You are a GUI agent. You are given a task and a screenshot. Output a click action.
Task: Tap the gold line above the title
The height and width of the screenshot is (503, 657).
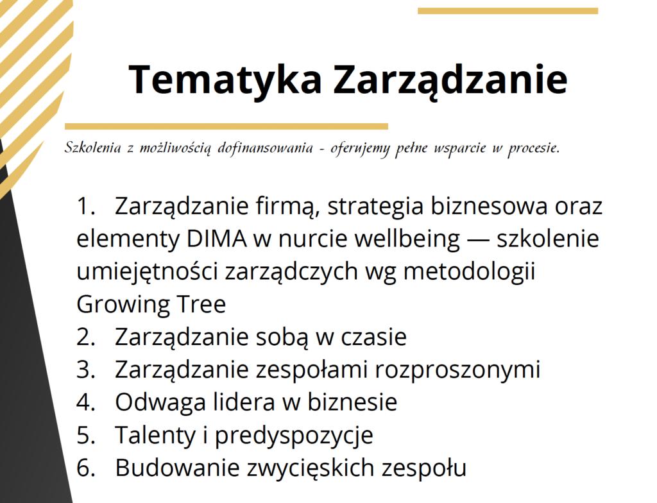coord(508,11)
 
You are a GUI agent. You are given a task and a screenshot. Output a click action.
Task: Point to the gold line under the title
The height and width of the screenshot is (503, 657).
coord(226,126)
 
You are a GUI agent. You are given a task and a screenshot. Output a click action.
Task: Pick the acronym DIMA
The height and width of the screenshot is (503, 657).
coord(218,239)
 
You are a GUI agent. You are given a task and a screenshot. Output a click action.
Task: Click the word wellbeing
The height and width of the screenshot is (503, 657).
coord(406,239)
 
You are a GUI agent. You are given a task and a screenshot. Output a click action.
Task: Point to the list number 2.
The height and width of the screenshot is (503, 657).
coord(85,337)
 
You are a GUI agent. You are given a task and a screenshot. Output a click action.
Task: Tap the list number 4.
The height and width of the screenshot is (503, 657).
coord(85,403)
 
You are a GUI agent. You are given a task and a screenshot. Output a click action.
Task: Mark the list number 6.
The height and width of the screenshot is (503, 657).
coord(85,468)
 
